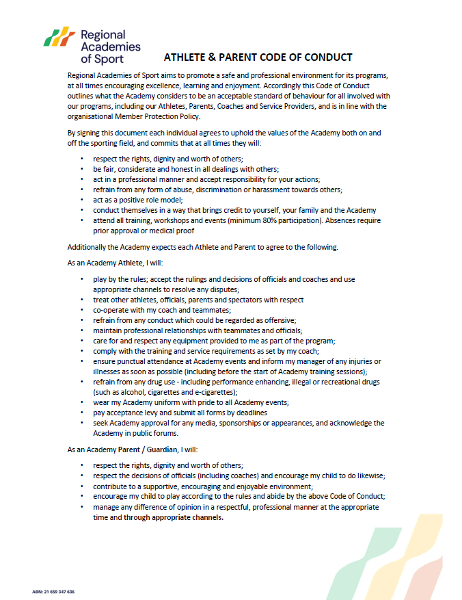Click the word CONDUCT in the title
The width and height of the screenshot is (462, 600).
326,57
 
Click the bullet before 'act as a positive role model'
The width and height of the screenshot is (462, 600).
82,200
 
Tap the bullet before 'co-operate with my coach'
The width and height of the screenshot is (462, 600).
82,310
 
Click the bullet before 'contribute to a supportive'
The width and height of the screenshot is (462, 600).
82,486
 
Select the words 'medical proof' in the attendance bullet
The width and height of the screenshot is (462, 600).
159,231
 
